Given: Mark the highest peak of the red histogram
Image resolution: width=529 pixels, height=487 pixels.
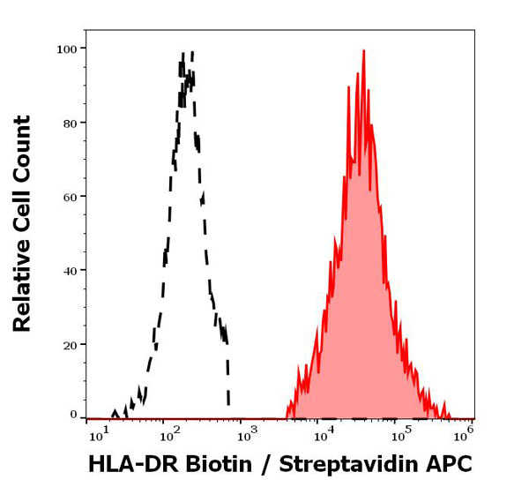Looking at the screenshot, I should (x=363, y=51).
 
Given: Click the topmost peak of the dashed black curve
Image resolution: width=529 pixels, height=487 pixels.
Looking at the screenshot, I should (x=191, y=53).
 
